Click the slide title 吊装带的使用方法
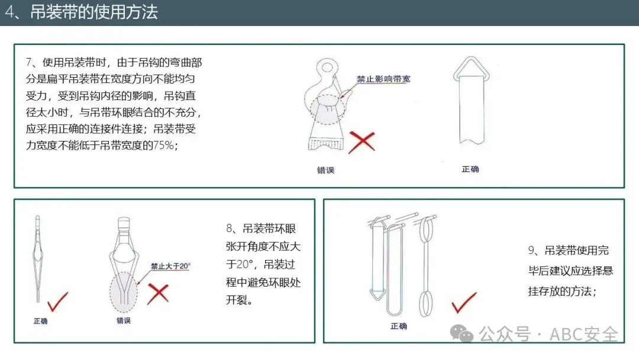click(x=94, y=12)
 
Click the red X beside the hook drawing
click(x=362, y=142)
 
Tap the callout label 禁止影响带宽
click(x=383, y=79)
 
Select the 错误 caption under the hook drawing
click(x=325, y=170)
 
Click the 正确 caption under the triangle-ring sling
click(x=470, y=169)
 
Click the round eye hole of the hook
click(x=327, y=67)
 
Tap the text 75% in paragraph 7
click(x=164, y=145)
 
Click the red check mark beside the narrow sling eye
click(x=58, y=302)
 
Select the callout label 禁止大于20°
click(x=170, y=266)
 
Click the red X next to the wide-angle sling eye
click(x=158, y=294)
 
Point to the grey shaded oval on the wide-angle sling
click(x=124, y=291)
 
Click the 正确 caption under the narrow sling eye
click(x=40, y=321)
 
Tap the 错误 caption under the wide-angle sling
click(x=124, y=320)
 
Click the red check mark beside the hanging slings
click(x=464, y=303)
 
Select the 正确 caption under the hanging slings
click(x=399, y=326)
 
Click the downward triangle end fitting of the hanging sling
click(x=377, y=294)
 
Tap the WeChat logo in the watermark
click(x=461, y=334)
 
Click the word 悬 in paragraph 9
click(x=608, y=271)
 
